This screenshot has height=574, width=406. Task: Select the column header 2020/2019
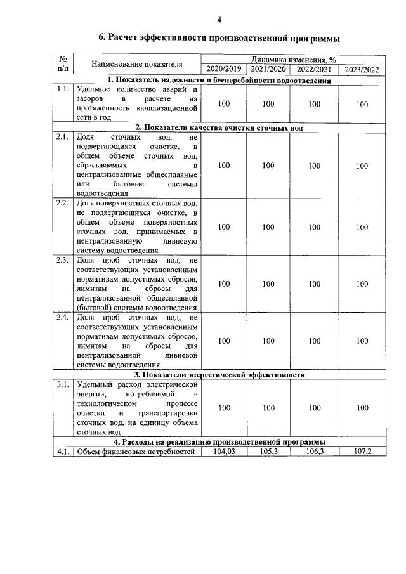[223, 69]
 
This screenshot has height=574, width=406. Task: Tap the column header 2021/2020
[268, 69]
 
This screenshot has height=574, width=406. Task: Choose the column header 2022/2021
[314, 69]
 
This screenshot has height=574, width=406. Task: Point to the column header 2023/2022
[362, 69]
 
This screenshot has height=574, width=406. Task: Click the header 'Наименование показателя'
[136, 64]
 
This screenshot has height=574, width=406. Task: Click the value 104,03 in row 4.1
[223, 452]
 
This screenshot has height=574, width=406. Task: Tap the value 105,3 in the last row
[268, 452]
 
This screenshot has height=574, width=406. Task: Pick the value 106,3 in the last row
[314, 452]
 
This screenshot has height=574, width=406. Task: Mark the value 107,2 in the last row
[362, 452]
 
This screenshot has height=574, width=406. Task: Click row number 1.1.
[62, 89]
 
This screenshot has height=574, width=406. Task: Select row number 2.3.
[62, 261]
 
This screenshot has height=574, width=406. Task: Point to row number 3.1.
[62, 384]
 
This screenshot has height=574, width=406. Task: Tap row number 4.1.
[62, 452]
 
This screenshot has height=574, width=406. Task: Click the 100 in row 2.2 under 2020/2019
[223, 227]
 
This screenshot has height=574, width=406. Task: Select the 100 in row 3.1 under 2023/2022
[362, 408]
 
